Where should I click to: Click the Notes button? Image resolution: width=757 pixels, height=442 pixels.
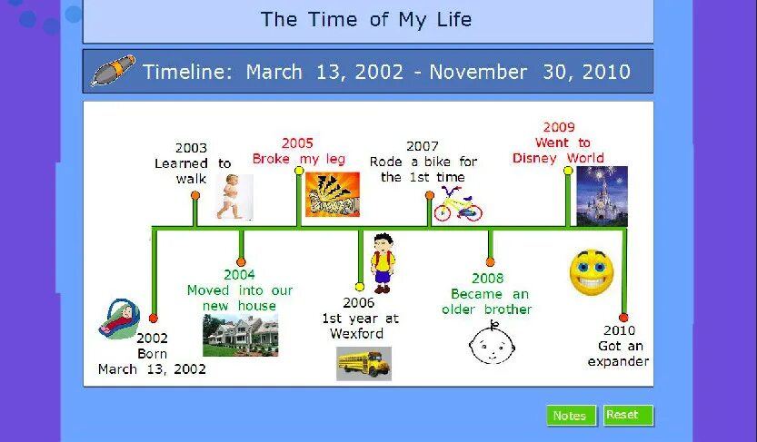point(571,416)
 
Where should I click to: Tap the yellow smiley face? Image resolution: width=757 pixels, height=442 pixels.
point(592,271)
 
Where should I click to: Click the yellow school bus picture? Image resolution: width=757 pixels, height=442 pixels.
point(364,363)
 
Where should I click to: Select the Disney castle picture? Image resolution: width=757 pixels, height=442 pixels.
point(602,195)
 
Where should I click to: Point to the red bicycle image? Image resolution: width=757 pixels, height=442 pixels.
point(457,204)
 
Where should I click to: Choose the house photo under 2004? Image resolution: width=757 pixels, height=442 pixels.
point(240,334)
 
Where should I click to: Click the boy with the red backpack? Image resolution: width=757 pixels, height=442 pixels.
point(383,263)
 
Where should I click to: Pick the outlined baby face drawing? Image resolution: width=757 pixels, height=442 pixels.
point(491,342)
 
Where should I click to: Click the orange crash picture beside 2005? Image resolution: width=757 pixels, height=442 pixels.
point(332,194)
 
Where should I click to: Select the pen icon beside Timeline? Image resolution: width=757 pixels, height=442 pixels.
point(113,72)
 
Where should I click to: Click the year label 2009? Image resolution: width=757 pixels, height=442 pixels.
point(559,127)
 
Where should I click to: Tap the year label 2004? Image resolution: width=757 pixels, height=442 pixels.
point(240,275)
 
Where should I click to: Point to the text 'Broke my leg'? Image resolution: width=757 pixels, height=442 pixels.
point(298,159)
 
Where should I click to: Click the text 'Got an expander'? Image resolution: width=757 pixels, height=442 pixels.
point(619,353)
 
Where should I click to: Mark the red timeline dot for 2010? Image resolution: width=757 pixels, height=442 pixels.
point(623,318)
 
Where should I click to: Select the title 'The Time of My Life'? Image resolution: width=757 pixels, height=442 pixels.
point(366,19)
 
